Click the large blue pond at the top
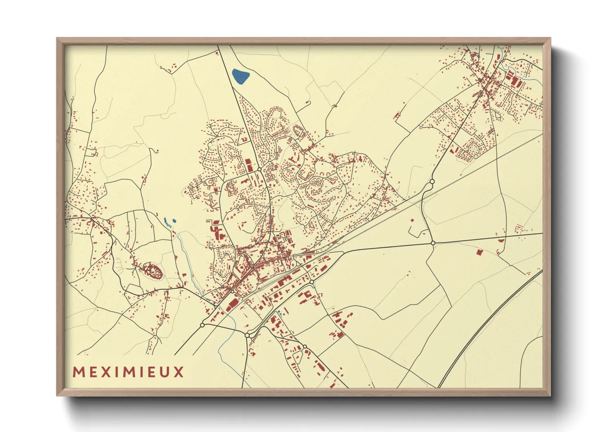[240, 76]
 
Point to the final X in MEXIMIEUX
[179, 372]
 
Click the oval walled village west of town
[152, 271]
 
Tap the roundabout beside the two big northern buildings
[259, 169]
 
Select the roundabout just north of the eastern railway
[432, 181]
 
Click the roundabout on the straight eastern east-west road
[433, 243]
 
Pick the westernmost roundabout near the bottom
[202, 325]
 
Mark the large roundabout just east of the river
[247, 335]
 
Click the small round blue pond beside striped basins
[174, 221]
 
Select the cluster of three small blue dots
[280, 313]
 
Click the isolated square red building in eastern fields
[479, 252]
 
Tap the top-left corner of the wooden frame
[58, 39]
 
